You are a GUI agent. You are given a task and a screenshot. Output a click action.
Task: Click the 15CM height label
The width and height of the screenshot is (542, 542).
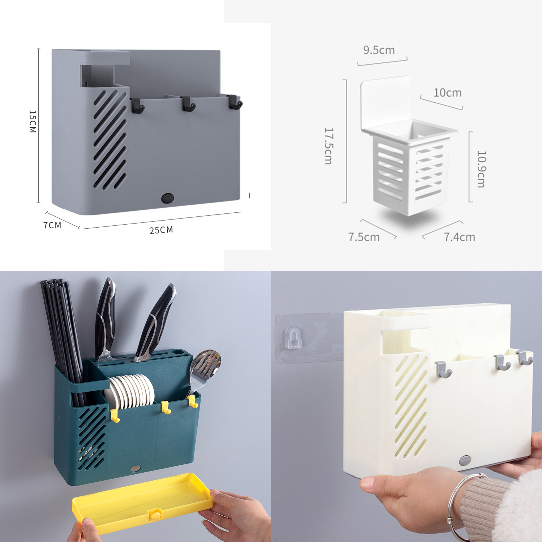(33, 121)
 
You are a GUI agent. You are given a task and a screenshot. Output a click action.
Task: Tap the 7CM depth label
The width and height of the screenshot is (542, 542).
(52, 225)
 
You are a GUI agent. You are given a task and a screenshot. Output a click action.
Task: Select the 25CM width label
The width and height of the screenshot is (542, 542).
(161, 230)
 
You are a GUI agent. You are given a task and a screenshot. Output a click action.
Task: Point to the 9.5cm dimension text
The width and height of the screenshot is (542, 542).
(379, 50)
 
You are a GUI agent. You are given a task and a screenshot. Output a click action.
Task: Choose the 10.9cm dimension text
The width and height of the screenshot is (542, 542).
(481, 169)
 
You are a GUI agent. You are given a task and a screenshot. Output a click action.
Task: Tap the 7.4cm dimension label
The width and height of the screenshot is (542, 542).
(460, 237)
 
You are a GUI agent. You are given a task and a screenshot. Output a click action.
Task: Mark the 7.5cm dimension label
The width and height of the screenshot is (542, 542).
(364, 237)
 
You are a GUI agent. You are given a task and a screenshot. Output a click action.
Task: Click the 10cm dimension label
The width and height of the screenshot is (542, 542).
(447, 93)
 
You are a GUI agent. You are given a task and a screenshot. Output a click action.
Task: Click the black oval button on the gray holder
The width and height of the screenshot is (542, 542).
(167, 198)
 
